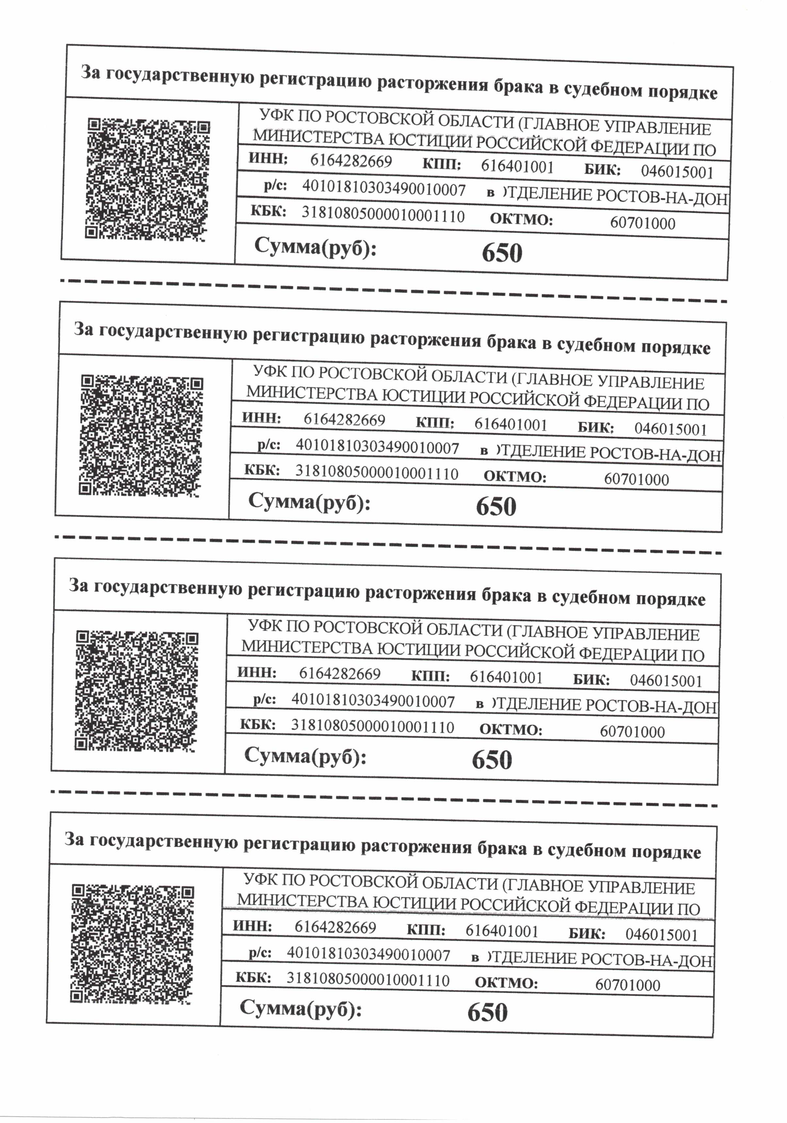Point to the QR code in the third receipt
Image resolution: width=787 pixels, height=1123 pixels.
click(x=137, y=691)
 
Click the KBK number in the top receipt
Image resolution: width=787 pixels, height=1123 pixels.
click(x=383, y=215)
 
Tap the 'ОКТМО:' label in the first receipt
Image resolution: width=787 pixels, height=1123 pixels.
click(x=521, y=220)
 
